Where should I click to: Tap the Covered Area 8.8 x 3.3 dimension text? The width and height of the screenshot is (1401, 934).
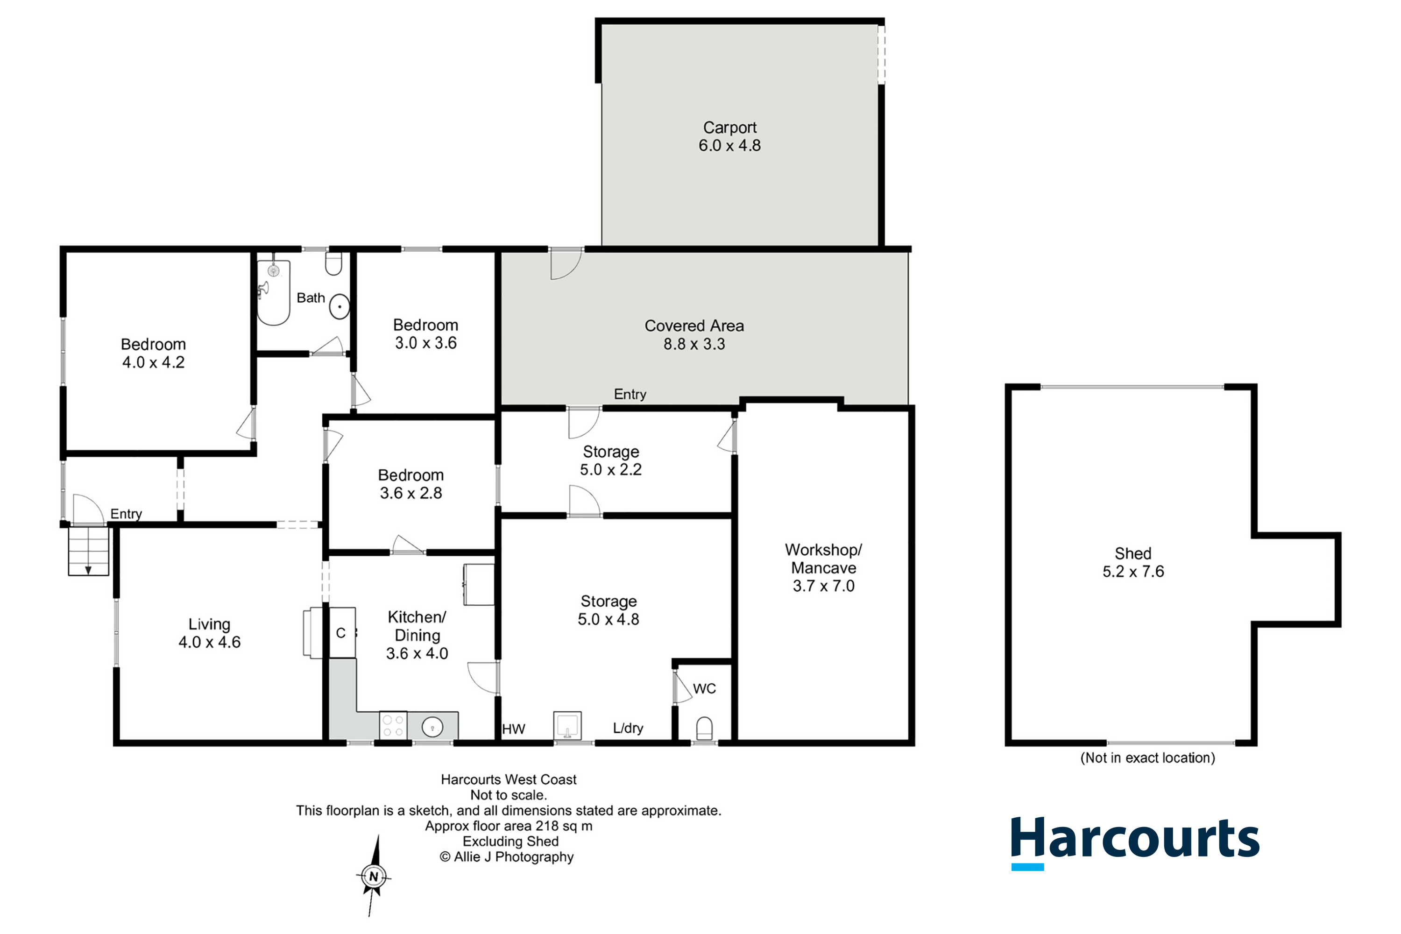point(694,344)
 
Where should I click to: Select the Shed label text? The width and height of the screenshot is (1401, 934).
point(1133,553)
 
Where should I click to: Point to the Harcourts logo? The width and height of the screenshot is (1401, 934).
point(1135,842)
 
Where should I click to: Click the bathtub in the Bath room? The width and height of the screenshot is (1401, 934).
point(273,292)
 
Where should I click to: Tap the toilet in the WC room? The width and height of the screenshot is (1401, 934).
point(704,728)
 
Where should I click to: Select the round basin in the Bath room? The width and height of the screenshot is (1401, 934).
point(340,307)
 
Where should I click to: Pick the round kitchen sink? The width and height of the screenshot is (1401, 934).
point(432,727)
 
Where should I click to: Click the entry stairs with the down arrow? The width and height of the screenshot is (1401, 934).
point(88,552)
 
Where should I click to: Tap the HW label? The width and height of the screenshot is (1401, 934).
point(513,729)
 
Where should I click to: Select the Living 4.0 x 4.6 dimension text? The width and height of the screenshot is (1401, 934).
point(210,642)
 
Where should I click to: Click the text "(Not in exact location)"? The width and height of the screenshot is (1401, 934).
point(1148,757)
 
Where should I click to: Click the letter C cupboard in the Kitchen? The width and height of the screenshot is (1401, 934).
point(342,633)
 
